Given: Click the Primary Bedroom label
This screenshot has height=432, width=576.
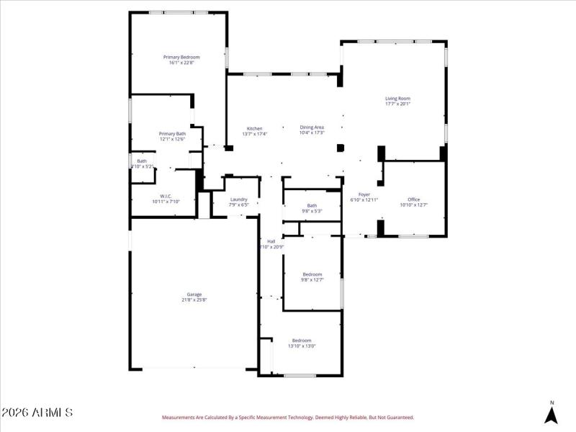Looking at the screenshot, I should [x=181, y=57].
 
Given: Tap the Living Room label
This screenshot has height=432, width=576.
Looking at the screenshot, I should [x=397, y=99].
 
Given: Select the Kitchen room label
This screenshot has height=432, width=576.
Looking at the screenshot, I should [x=255, y=128].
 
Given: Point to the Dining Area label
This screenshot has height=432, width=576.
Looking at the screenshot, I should [x=312, y=127].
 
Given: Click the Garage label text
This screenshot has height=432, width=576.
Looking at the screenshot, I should [x=194, y=294].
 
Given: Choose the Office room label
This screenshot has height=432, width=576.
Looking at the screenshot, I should [x=413, y=199].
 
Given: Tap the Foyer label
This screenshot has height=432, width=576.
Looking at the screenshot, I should [x=364, y=194].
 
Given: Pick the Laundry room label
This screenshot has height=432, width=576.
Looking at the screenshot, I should [x=239, y=199].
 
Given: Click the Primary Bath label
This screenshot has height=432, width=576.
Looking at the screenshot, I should [x=172, y=133].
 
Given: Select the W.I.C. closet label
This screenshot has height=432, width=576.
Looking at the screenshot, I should [x=165, y=196].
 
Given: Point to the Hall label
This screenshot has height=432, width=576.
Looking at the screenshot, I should [x=271, y=241].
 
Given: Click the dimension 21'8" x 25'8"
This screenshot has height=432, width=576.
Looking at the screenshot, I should [x=194, y=300].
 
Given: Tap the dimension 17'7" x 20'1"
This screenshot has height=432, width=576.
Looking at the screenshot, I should [x=397, y=104].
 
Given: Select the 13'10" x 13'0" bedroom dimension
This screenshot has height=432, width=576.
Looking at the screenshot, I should [x=302, y=346].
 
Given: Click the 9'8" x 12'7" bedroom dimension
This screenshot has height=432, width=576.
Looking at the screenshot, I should [x=312, y=280].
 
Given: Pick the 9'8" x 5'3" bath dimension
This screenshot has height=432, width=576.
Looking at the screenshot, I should [x=312, y=211].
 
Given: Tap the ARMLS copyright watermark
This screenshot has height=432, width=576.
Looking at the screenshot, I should [x=37, y=413].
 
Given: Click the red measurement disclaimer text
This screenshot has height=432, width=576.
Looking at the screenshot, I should [x=288, y=417].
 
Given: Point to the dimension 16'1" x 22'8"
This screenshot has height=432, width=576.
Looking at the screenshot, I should [x=181, y=63].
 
